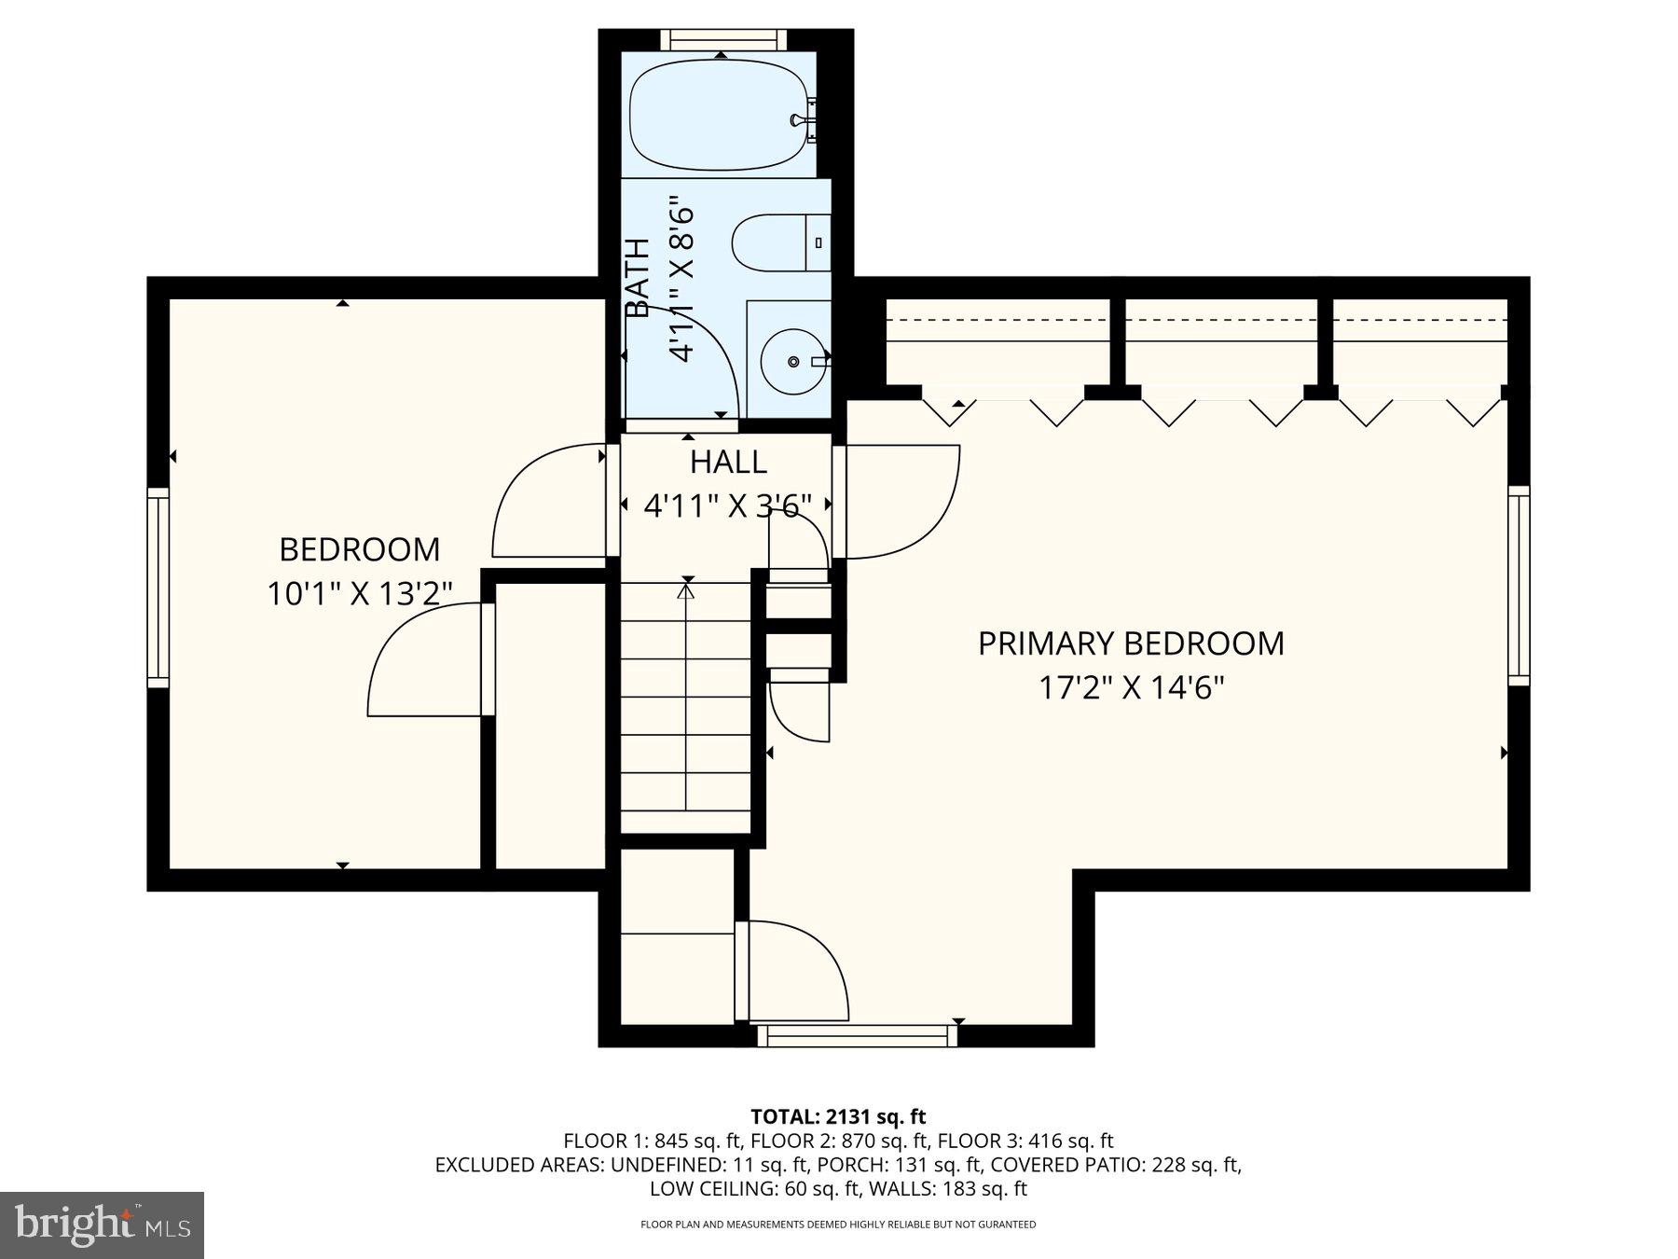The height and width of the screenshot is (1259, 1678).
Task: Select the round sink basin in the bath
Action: point(792,361)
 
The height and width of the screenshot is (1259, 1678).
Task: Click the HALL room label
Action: point(728,462)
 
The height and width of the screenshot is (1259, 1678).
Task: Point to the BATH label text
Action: point(638,278)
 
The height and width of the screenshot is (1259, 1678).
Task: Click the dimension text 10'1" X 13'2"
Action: point(360,594)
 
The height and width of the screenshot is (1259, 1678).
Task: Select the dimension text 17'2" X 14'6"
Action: point(1131,688)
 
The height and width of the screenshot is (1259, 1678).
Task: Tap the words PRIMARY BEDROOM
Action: point(1131,643)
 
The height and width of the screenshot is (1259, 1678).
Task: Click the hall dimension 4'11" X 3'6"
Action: point(727,505)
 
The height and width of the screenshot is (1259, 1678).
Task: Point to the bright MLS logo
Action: point(103,1224)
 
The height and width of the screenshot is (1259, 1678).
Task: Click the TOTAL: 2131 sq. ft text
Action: point(838,1116)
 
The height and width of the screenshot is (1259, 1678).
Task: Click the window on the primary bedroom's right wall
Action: point(1520,586)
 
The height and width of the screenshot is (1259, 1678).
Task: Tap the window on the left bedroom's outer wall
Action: point(158,588)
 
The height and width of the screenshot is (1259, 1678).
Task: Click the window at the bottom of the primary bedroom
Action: point(858,1035)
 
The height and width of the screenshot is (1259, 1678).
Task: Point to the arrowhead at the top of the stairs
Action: point(687,588)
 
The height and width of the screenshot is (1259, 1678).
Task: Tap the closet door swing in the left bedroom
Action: point(425,659)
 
